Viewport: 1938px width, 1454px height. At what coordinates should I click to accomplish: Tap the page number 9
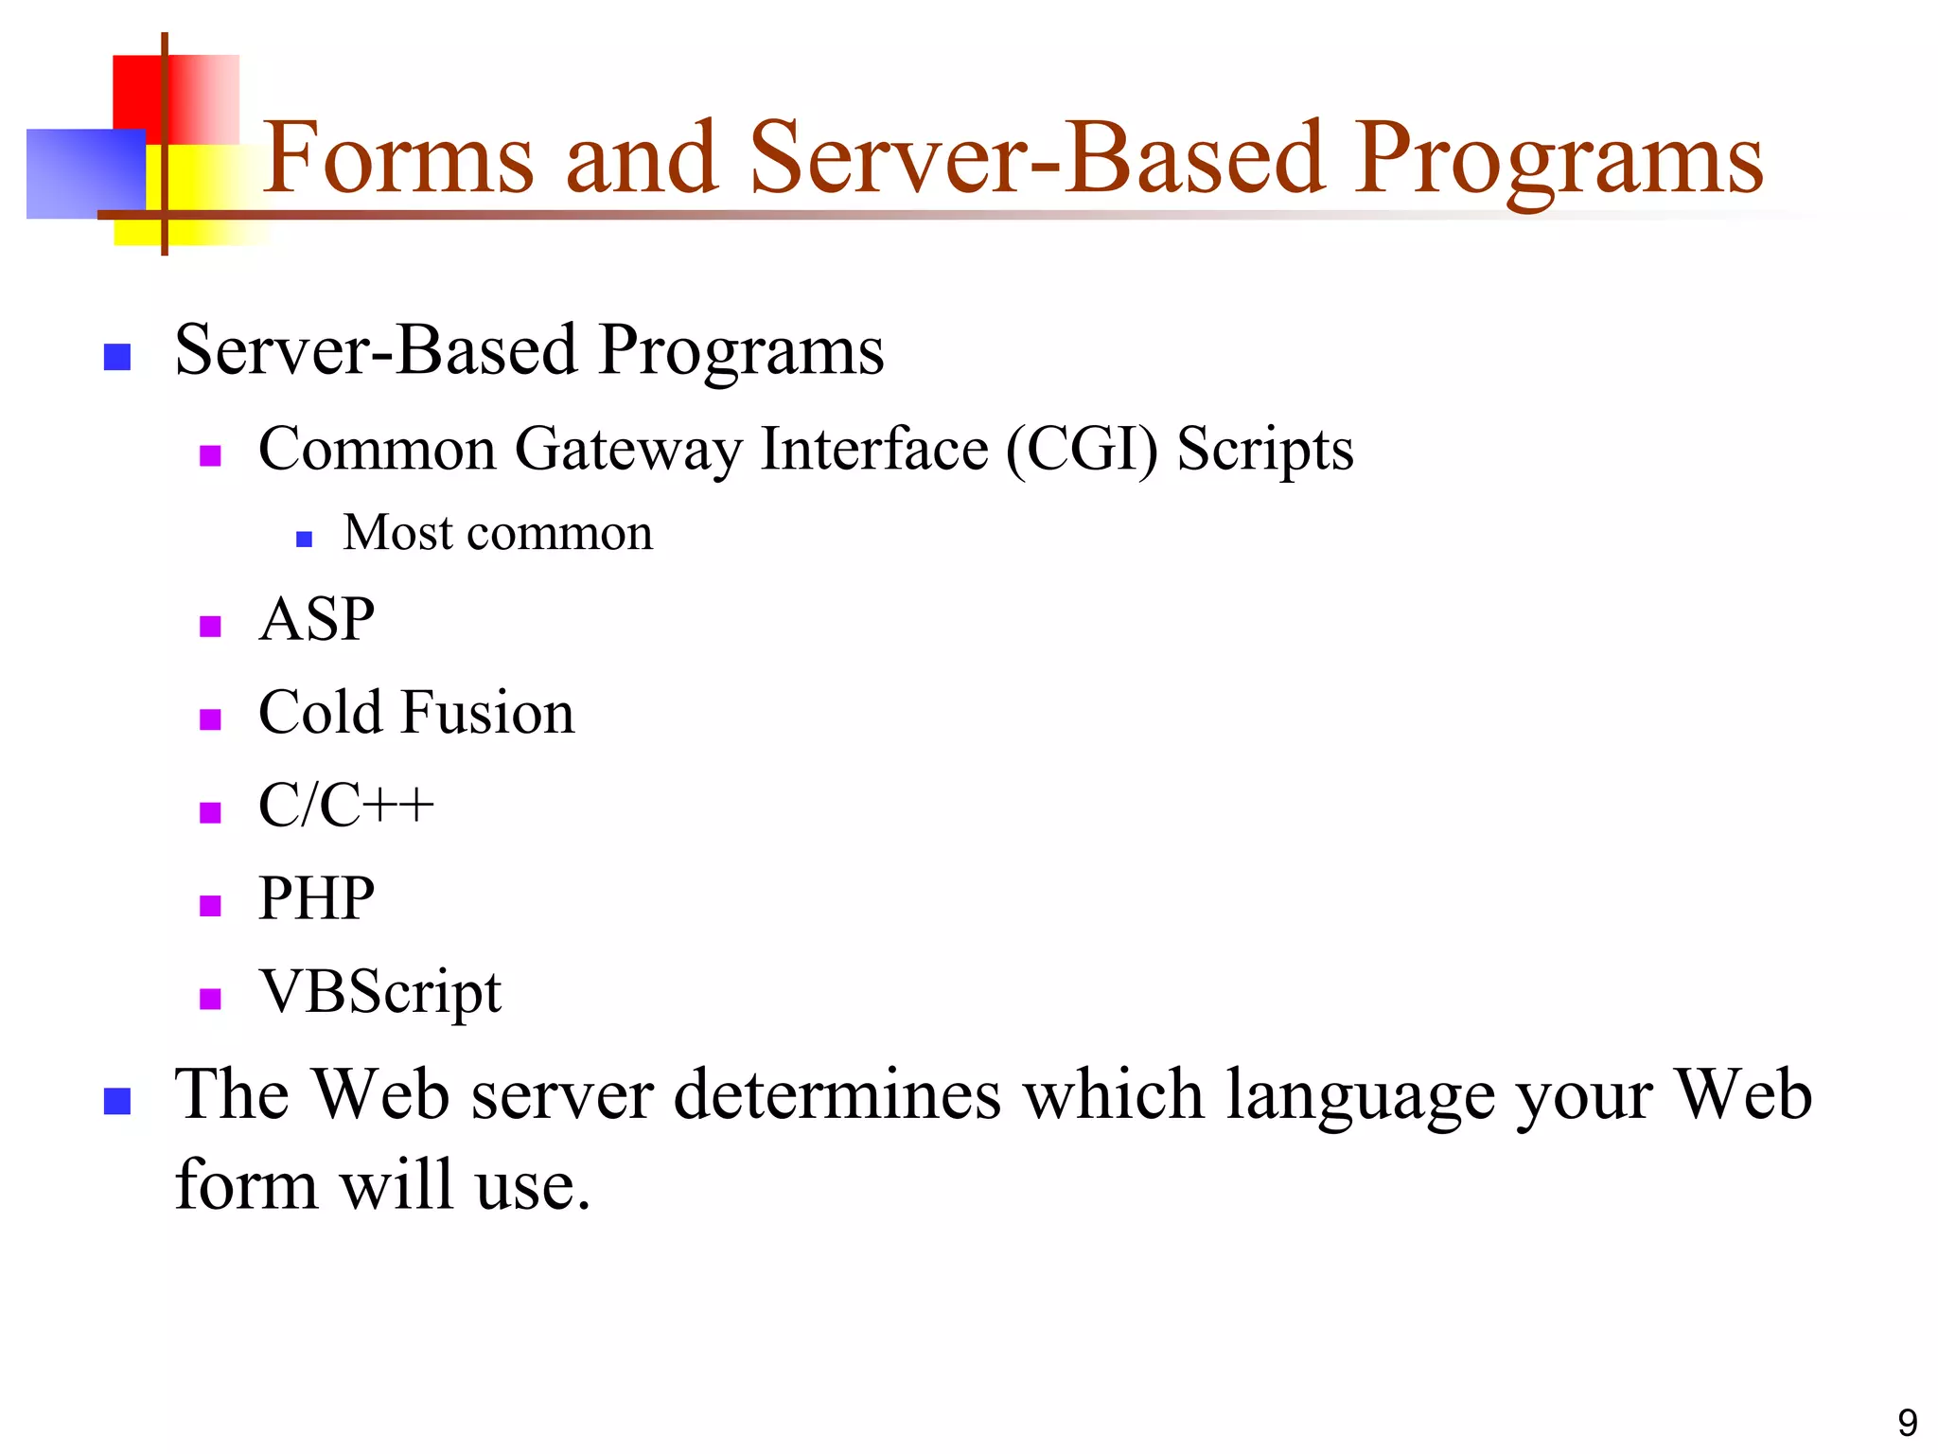1907,1423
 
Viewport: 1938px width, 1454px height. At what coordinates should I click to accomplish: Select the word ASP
316,620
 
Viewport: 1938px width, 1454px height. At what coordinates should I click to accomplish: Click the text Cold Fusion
416,713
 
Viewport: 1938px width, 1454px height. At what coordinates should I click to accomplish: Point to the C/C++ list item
345,806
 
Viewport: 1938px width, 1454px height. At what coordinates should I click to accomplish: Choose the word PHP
316,898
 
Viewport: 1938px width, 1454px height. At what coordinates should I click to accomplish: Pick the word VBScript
379,993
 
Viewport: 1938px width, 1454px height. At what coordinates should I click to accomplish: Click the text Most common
498,533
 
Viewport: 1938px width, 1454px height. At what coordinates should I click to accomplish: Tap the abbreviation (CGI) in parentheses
1082,449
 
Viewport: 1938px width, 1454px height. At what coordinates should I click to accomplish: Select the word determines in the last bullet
837,1095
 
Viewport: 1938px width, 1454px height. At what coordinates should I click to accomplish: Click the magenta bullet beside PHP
210,906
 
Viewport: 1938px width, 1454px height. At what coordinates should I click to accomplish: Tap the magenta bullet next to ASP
210,627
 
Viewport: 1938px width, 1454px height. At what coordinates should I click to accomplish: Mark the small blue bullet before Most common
304,540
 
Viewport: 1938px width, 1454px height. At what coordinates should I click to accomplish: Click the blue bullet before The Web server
116,1101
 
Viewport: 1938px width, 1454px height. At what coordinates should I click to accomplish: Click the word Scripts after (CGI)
1264,449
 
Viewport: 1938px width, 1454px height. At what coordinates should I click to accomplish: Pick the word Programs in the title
1559,158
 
